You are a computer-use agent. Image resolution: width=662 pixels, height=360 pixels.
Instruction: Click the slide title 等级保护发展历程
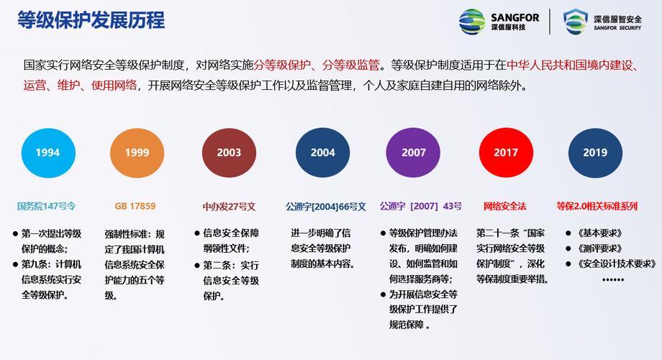pyautogui.click(x=91, y=20)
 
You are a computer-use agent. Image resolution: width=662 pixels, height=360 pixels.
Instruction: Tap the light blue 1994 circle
pyautogui.click(x=47, y=153)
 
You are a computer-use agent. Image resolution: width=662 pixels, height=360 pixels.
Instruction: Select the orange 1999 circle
pyautogui.click(x=137, y=153)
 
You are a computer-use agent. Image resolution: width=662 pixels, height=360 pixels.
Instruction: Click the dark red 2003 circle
pyautogui.click(x=229, y=153)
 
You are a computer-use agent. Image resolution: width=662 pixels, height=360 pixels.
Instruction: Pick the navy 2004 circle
pyautogui.click(x=323, y=153)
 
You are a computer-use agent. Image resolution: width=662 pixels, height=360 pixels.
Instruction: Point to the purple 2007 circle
pyautogui.click(x=414, y=153)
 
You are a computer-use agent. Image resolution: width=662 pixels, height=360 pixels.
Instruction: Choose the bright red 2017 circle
pyautogui.click(x=506, y=153)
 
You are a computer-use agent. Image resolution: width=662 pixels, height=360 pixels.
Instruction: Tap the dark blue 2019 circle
pyautogui.click(x=595, y=153)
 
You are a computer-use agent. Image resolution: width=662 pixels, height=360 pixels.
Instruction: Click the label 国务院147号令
pyautogui.click(x=46, y=206)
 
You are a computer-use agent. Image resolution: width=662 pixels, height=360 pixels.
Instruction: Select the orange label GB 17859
pyautogui.click(x=135, y=206)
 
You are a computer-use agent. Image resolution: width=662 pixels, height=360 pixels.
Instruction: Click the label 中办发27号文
pyautogui.click(x=229, y=206)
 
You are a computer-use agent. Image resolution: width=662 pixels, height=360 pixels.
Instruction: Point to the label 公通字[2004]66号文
pyautogui.click(x=325, y=206)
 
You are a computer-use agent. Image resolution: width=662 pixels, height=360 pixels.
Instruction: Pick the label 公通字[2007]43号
pyautogui.click(x=421, y=206)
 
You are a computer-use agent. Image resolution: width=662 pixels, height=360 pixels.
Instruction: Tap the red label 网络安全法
pyautogui.click(x=504, y=206)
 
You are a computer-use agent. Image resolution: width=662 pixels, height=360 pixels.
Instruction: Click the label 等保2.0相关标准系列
pyautogui.click(x=597, y=206)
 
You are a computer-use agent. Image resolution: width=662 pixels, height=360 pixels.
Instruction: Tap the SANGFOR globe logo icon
pyautogui.click(x=472, y=22)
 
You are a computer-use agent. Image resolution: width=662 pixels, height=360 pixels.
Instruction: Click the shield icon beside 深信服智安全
pyautogui.click(x=575, y=22)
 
